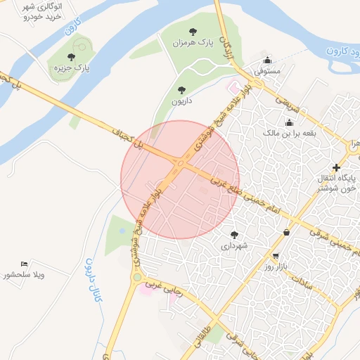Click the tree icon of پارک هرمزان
pos(193,31)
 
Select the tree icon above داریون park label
pos(182,90)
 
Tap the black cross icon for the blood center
pos(337,167)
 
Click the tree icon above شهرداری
pos(234,234)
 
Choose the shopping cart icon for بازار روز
pos(276,256)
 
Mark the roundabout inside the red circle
pos(181,165)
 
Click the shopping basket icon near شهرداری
pos(286,232)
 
